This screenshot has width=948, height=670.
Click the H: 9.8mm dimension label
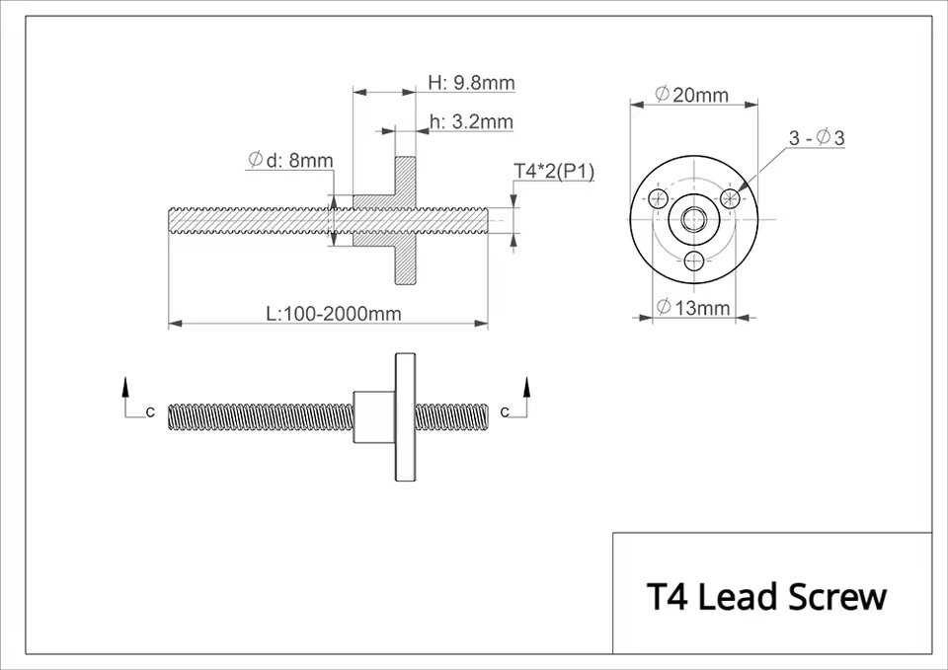(x=471, y=83)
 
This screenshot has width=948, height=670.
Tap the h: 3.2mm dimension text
(x=471, y=121)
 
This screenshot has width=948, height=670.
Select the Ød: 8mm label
(x=290, y=160)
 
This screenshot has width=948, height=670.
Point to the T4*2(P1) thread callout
(x=554, y=172)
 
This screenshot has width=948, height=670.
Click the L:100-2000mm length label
(x=334, y=314)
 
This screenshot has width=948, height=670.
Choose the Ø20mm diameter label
(x=691, y=95)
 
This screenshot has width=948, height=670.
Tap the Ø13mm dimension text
(x=693, y=308)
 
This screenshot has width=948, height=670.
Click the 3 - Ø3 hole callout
(x=817, y=138)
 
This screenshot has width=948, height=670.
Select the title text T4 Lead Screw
(x=766, y=596)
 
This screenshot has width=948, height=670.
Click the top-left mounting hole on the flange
(x=659, y=197)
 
